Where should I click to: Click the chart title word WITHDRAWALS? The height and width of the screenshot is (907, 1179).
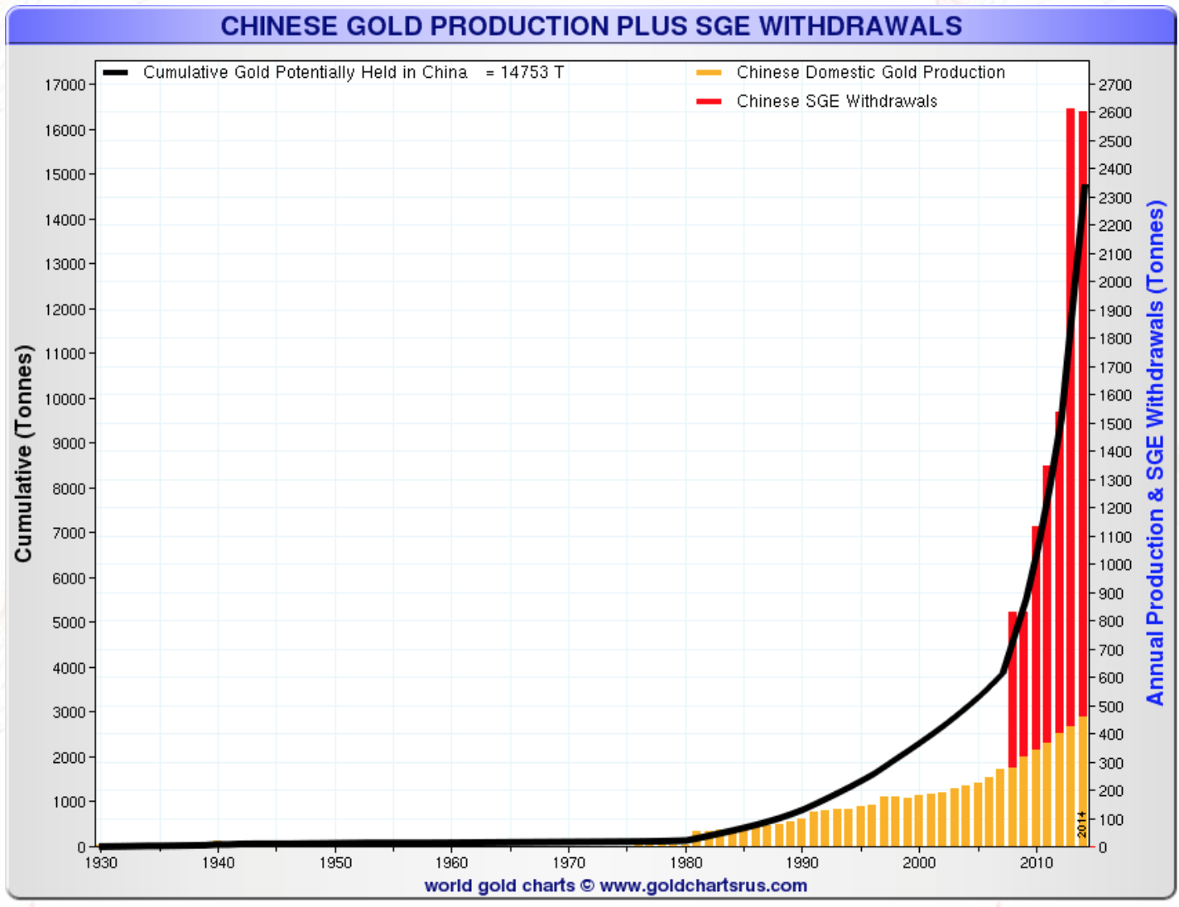point(860,26)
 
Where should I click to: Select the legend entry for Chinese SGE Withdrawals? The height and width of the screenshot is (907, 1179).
point(836,101)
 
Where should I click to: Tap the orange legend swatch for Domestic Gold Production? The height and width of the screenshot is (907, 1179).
point(709,73)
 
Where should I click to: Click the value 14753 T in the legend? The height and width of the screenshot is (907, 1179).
point(532,73)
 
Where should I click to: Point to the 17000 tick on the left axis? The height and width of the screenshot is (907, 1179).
point(65,85)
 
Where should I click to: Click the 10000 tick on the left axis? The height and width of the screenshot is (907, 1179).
point(65,399)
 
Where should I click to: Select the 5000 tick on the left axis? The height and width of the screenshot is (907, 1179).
point(68,622)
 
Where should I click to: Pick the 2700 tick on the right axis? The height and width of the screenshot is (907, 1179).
point(1115,85)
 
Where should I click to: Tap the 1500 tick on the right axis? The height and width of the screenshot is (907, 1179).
point(1115,424)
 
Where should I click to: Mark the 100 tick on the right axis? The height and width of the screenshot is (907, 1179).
point(1112,819)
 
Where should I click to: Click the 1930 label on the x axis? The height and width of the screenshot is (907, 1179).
point(101,863)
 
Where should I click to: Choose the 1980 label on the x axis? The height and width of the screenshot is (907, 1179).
point(686,863)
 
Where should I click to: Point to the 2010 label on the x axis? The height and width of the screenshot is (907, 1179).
point(1036,863)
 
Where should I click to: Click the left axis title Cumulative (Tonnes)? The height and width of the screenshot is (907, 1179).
point(23,453)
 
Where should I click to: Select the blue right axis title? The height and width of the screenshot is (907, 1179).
point(1156,453)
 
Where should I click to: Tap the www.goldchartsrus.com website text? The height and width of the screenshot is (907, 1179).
point(703,885)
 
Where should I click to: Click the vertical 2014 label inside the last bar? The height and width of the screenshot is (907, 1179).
point(1082,824)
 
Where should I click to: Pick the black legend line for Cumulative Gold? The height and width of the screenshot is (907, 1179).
point(115,73)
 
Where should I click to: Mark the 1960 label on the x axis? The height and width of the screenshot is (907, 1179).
point(451,863)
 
